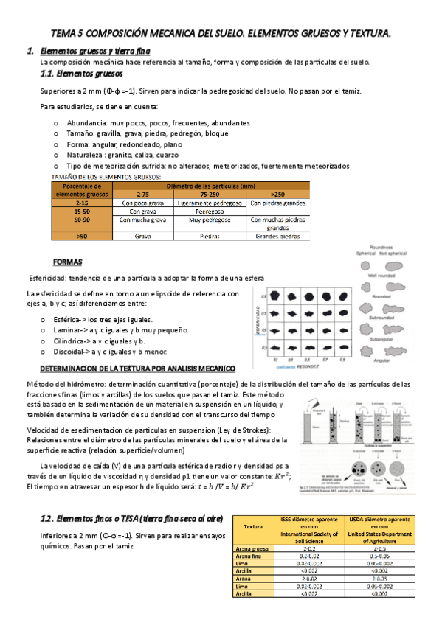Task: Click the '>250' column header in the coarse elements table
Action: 277,193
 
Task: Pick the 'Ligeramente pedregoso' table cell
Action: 210,202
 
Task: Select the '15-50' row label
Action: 82,210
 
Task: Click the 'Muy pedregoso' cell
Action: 210,220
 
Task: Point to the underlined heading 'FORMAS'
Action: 68,262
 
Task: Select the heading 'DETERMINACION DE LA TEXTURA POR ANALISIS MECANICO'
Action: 137,367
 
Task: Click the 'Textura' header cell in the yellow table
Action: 253,527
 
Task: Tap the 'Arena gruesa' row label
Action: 253,549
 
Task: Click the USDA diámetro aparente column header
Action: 380,527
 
